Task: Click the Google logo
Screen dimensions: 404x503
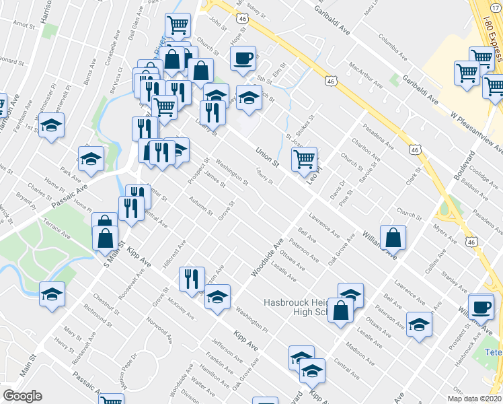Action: coord(22,396)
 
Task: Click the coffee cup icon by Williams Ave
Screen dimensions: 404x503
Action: coord(480,306)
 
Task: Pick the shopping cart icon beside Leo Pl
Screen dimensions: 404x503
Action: coord(304,159)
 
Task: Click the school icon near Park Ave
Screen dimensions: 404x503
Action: coord(91,159)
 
